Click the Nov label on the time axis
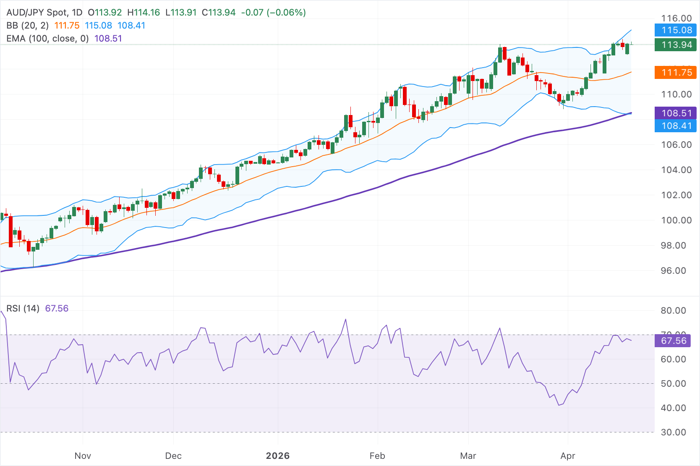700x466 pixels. pos(83,456)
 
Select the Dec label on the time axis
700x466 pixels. pos(173,456)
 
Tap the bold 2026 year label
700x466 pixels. pos(278,456)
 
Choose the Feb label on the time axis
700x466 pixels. pos(377,456)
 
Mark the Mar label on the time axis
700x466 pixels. pos(468,456)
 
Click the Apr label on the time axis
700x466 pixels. pos(568,456)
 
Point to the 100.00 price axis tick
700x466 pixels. pos(676,220)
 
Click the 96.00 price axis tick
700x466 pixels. pos(676,271)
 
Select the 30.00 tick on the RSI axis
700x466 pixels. pos(673,432)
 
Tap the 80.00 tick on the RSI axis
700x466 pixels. pos(673,311)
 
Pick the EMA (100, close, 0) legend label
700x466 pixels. pos(47,39)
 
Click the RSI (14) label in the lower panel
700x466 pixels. pos(23,309)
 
